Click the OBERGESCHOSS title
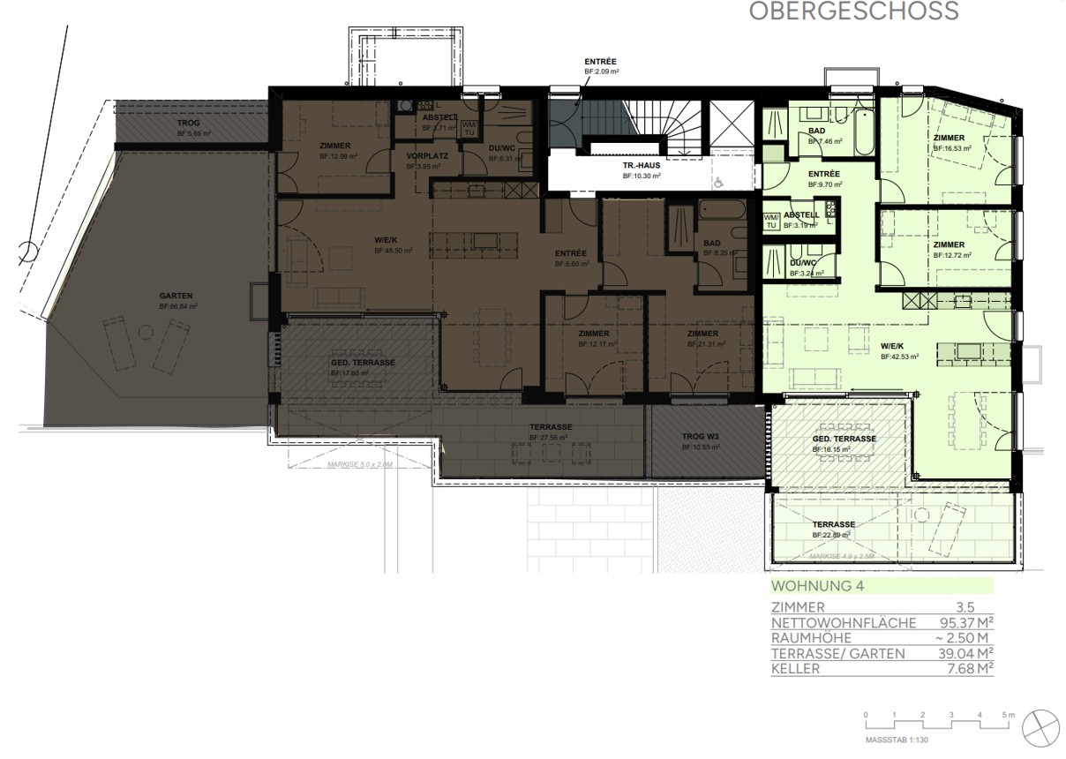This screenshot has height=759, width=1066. coord(853,11)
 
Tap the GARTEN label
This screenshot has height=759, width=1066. coord(176,297)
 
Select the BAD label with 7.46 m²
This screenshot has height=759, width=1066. coord(817,132)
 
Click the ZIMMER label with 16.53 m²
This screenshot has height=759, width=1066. coord(950,139)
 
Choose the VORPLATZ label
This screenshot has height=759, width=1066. coord(423,156)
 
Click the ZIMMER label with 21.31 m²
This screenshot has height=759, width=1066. coord(703,334)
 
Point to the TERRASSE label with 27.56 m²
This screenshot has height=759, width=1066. coord(550,427)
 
